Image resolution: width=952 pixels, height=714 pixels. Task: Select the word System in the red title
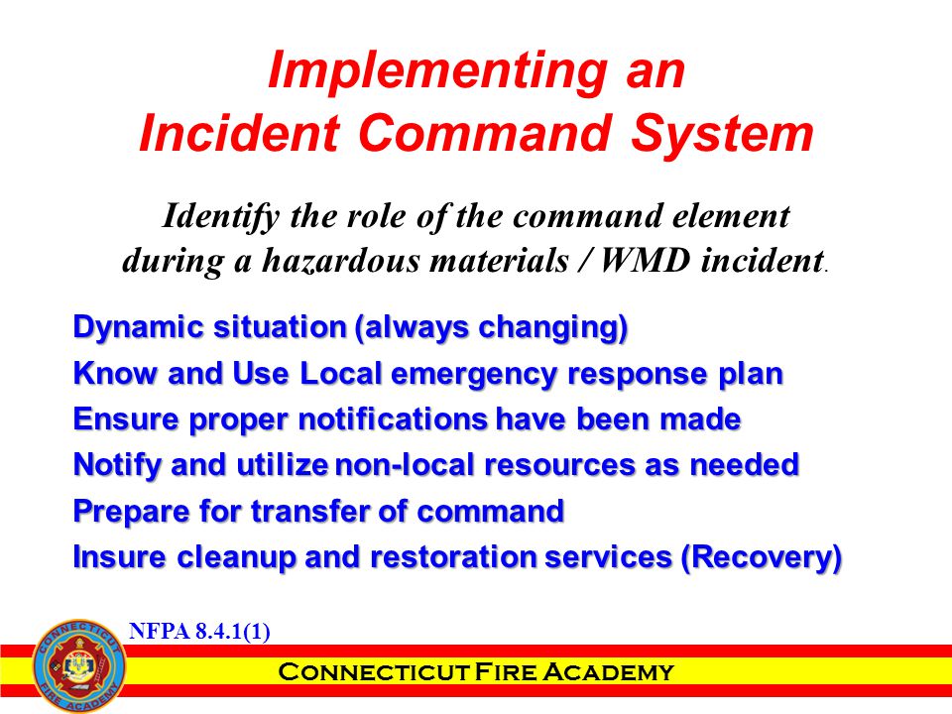[722, 135]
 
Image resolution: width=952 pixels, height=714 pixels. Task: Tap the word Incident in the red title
[239, 133]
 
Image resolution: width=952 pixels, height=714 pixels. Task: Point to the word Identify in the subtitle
[221, 217]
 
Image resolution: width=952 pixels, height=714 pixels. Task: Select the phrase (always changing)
[491, 328]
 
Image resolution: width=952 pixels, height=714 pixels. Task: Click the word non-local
[405, 465]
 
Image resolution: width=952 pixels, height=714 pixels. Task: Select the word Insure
[119, 557]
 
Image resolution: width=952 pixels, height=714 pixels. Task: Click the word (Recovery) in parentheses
[762, 557]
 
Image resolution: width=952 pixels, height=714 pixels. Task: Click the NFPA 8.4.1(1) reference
[199, 632]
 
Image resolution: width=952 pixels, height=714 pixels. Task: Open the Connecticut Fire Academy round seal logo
[79, 666]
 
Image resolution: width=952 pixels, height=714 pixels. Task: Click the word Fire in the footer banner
[505, 672]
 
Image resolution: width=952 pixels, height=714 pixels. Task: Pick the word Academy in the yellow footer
[608, 672]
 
